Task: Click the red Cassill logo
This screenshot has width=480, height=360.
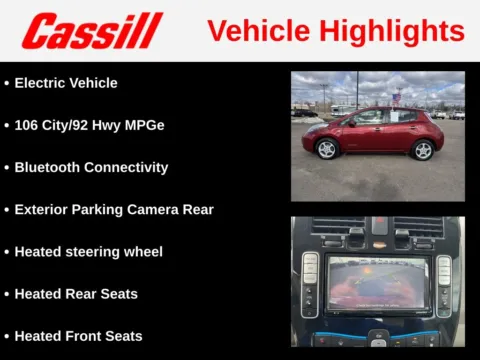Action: pos(92,31)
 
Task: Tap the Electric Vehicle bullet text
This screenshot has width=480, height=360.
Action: pos(65,83)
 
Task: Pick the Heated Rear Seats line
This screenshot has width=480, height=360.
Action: pos(76,294)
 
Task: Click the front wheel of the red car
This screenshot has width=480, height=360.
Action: pos(326,149)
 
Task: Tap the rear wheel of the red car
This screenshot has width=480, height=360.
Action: pos(423,150)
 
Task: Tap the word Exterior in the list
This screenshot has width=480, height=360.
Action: pos(43,210)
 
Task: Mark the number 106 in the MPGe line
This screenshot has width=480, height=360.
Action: pos(27,125)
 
